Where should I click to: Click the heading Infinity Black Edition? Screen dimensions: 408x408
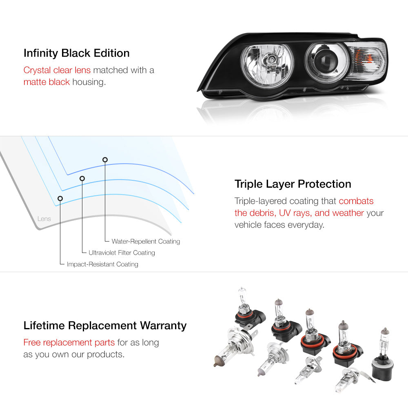tap(77, 53)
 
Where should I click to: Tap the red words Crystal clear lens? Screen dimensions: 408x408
tap(57, 70)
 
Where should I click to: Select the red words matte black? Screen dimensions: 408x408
tap(47, 82)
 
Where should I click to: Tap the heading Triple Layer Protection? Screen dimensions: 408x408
tap(293, 184)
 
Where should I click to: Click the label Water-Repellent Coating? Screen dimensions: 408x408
tap(146, 242)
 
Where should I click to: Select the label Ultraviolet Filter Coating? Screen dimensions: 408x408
tap(122, 253)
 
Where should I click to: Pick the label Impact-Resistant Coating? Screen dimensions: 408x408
tap(102, 264)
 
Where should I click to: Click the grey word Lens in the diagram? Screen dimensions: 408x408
tap(44, 219)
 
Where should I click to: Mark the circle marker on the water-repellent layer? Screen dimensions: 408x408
tap(105, 160)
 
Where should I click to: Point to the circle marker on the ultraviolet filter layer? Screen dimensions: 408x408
tap(82, 179)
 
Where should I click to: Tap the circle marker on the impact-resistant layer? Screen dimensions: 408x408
tap(60, 199)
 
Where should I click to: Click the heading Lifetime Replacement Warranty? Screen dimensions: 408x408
tap(105, 326)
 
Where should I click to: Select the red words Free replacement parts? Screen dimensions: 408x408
tap(69, 342)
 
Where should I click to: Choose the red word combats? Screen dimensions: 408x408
tap(356, 201)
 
